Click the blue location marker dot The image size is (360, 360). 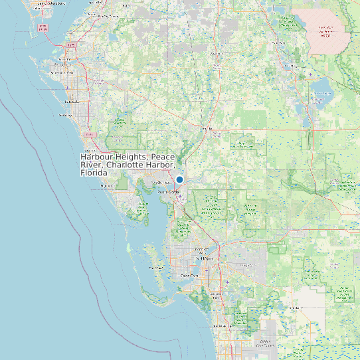[x=179, y=179]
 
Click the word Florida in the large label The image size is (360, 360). [x=94, y=172]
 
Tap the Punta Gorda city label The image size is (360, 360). [x=169, y=192]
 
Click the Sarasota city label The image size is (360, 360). [x=71, y=102]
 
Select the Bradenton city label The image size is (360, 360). [x=62, y=66]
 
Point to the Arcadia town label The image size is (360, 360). [x=207, y=129]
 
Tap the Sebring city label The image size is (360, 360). [x=290, y=66]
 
